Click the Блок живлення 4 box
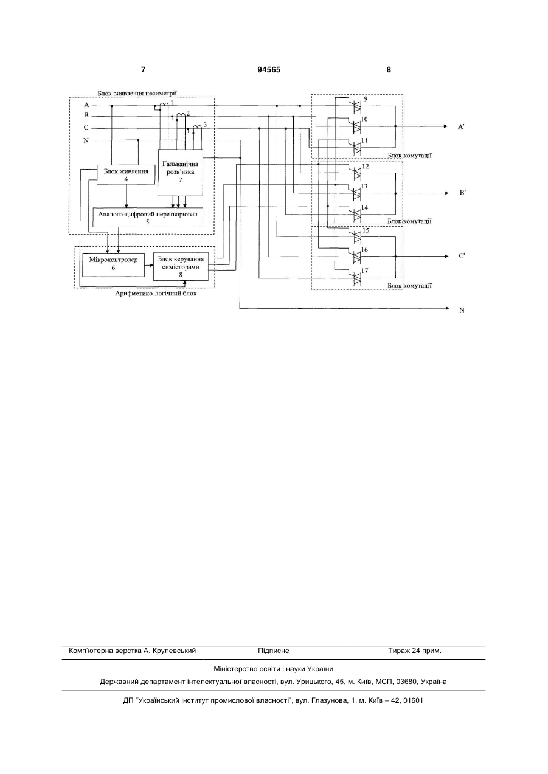(126, 174)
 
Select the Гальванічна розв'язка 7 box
(180, 173)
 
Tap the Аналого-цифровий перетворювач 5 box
(148, 217)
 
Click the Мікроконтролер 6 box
(113, 264)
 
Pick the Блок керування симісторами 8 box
(181, 267)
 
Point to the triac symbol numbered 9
(357, 106)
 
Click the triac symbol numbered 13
(357, 193)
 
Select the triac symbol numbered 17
(357, 278)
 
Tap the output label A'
(461, 127)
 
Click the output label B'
(463, 193)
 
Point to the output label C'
(462, 256)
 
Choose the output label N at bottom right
(462, 310)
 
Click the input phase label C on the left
(86, 128)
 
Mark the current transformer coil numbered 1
(164, 104)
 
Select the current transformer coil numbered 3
(197, 128)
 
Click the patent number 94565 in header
(269, 70)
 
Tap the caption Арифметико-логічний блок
(156, 294)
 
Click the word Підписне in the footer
(274, 651)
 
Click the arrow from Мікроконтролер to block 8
(149, 265)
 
